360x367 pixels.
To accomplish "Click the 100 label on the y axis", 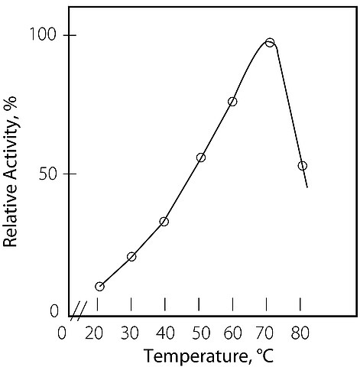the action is [43, 34].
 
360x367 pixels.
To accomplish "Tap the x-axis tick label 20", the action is [94, 333].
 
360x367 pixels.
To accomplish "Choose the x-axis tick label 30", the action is [130, 333].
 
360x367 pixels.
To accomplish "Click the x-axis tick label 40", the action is [166, 333].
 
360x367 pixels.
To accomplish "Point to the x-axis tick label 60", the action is [233, 333].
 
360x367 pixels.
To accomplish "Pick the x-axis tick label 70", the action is [265, 333].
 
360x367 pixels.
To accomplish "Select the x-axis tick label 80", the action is [300, 333].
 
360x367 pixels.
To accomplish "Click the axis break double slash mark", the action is [79, 311].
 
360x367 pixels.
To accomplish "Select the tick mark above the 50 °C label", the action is [199, 304].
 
